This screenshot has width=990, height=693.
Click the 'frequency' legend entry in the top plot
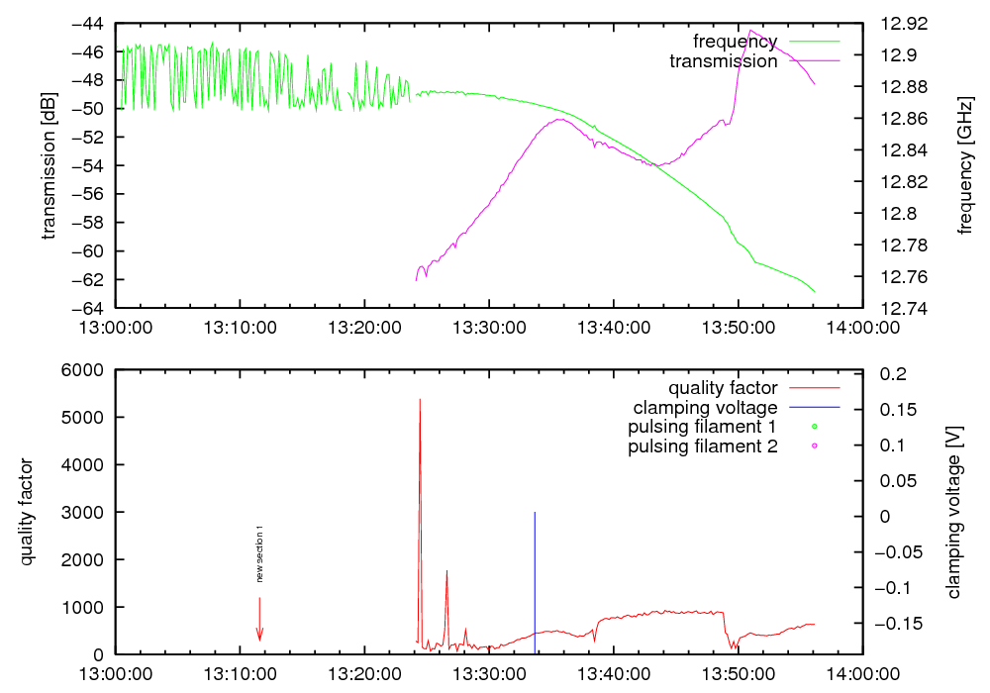point(735,42)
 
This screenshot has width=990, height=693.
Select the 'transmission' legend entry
point(724,61)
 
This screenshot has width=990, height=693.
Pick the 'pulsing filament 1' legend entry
point(702,428)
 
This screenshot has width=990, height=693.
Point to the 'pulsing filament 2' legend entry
point(702,447)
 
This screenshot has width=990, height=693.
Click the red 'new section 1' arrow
point(259,620)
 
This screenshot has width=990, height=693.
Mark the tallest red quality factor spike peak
point(420,400)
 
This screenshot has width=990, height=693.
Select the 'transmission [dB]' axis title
point(49,166)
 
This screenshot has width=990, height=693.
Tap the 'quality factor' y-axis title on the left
point(27,512)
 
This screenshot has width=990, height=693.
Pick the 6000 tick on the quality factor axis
point(84,370)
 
